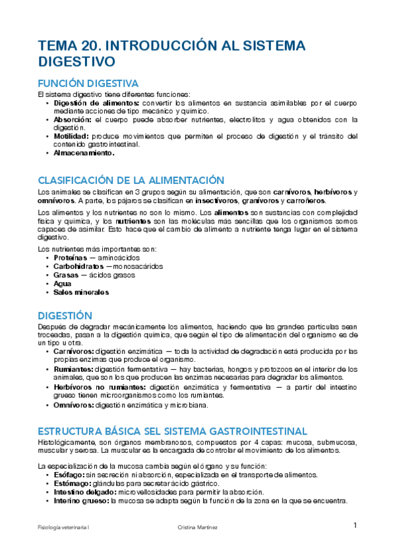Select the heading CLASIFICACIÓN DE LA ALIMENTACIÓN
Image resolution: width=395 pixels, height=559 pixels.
point(132,180)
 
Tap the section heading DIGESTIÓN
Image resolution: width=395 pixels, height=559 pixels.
point(65,316)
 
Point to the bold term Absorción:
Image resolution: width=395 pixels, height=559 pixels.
point(73,120)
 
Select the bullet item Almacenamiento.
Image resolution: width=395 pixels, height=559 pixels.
point(84,153)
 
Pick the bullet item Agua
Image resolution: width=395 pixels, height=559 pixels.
point(63,283)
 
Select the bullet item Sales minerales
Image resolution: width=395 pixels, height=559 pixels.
point(81,292)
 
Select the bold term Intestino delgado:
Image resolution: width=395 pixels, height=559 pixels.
point(86,492)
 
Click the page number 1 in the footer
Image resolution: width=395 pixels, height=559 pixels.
point(355,525)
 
